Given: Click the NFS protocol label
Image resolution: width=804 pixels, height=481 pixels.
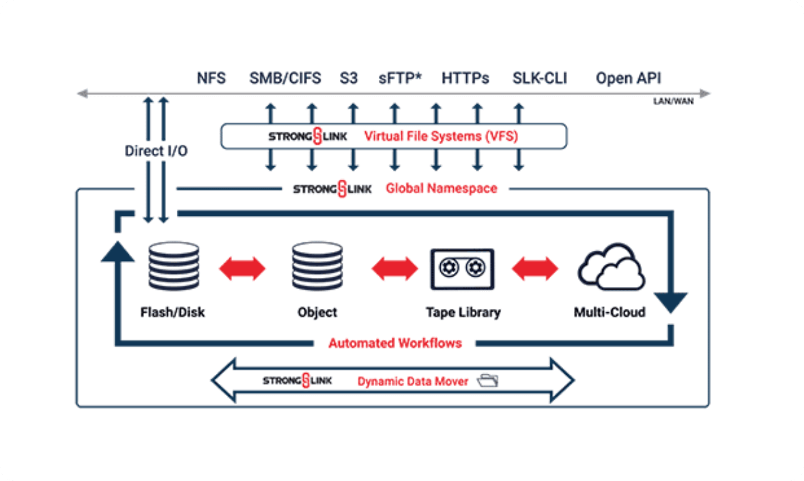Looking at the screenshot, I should [211, 78].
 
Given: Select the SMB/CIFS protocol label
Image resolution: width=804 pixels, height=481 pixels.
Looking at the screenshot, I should [285, 78].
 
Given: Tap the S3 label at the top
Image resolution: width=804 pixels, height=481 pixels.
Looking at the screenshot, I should [348, 78].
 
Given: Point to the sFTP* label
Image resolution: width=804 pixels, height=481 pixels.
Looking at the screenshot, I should [400, 78].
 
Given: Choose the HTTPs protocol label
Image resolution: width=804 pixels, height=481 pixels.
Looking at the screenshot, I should [465, 78].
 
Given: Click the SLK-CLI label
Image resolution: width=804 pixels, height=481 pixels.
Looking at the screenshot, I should [540, 78].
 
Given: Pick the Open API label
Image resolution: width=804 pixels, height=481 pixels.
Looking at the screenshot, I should [628, 78].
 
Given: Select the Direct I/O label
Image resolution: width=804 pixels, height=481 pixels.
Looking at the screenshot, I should [156, 151].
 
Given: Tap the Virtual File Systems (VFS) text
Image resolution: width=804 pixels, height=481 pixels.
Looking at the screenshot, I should [441, 136].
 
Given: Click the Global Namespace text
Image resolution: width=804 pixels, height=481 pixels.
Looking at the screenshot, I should [442, 188].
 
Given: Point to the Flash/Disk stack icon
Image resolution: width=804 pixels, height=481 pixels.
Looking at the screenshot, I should [173, 266].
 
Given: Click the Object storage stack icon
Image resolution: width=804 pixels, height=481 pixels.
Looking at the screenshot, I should [317, 266].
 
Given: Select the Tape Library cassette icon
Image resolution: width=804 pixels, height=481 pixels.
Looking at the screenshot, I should [462, 269].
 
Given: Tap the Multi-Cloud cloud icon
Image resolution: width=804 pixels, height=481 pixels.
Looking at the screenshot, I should [610, 266].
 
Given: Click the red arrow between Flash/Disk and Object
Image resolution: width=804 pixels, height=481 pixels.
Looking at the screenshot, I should [242, 268].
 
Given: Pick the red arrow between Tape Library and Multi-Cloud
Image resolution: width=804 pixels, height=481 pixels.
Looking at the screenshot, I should [534, 268].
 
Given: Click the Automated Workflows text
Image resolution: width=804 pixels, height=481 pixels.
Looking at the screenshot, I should [395, 343].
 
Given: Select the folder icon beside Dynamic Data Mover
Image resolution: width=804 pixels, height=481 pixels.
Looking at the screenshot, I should [488, 381].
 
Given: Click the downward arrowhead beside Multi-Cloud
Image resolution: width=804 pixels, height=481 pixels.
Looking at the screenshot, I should [670, 301].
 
